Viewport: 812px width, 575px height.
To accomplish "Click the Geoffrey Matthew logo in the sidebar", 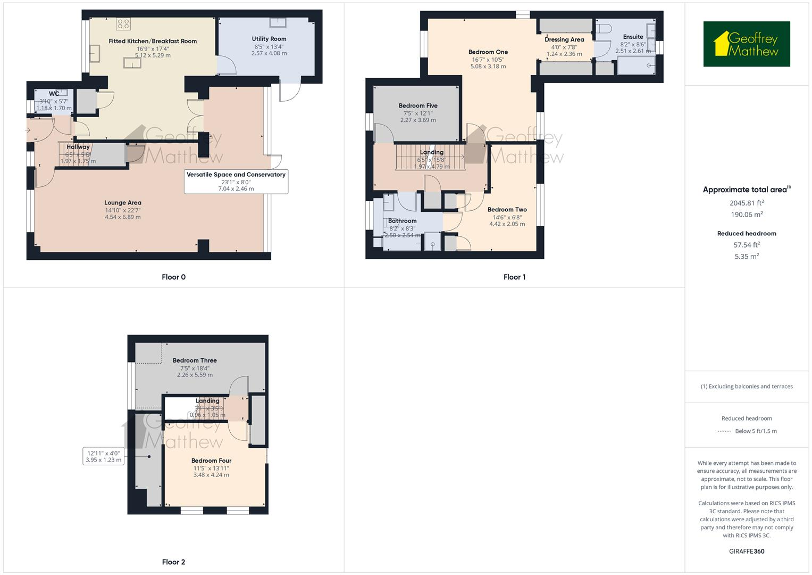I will [x=746, y=44].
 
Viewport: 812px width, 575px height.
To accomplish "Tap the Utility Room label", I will [x=269, y=39].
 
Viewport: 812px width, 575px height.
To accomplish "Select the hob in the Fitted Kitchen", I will [x=123, y=23].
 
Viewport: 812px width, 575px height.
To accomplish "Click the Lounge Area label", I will [x=123, y=203].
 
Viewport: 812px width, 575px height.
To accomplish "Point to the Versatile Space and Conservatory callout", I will [x=236, y=181].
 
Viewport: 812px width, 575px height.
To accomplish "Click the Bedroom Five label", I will [x=418, y=106].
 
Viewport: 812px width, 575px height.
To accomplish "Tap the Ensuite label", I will [x=633, y=37].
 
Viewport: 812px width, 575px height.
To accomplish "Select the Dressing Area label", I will [x=564, y=39].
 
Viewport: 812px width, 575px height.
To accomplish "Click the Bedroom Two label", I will [x=507, y=210].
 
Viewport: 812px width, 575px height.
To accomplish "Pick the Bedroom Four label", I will [x=211, y=461].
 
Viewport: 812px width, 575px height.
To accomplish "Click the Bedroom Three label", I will [x=195, y=360].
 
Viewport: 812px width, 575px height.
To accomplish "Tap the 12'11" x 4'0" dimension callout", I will [x=104, y=456].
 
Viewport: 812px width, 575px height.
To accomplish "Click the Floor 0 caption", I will [x=173, y=277].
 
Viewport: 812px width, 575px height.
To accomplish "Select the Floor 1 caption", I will [x=514, y=277].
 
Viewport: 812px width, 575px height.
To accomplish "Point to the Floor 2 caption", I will [x=173, y=562].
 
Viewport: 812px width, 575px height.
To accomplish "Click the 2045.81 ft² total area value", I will [x=747, y=203].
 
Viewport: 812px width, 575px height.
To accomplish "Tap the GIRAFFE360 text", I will [x=747, y=551].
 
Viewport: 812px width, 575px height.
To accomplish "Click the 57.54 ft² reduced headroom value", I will [x=747, y=245].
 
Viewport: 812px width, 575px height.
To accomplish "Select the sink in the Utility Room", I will [x=278, y=22].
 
